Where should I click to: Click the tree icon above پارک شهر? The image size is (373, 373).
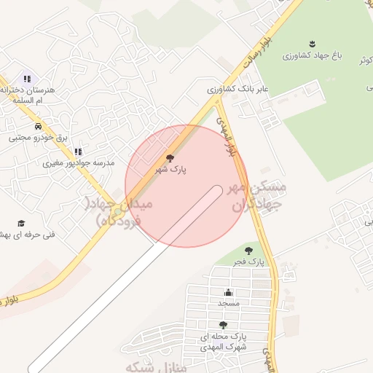click(170, 158)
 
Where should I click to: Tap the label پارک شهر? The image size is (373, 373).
click(170, 169)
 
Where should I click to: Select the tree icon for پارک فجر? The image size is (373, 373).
click(248, 250)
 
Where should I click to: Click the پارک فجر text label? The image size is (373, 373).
click(248, 260)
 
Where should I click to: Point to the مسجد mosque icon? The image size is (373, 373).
click(228, 292)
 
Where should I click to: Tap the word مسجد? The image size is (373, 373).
click(228, 302)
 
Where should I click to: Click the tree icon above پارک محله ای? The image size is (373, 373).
click(223, 326)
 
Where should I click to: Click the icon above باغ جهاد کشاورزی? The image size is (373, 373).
click(313, 44)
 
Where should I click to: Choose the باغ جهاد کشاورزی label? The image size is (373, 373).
click(313, 55)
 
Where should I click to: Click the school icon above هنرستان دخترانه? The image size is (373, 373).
click(27, 79)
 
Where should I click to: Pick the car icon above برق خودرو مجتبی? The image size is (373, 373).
click(37, 125)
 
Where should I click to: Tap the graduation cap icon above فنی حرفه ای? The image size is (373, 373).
click(21, 223)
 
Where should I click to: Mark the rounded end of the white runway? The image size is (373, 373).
click(215, 192)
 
